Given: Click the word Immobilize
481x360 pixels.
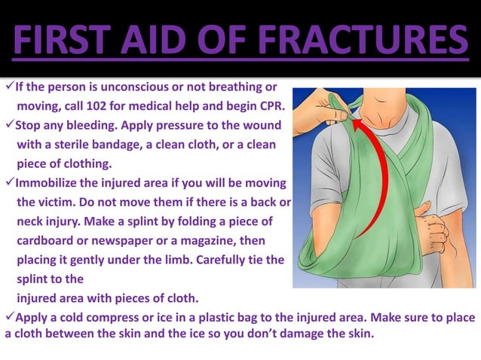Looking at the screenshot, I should pos(50,183).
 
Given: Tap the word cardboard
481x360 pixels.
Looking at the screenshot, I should pos(44,240).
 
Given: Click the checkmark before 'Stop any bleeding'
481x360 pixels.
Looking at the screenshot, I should pos(10,124).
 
